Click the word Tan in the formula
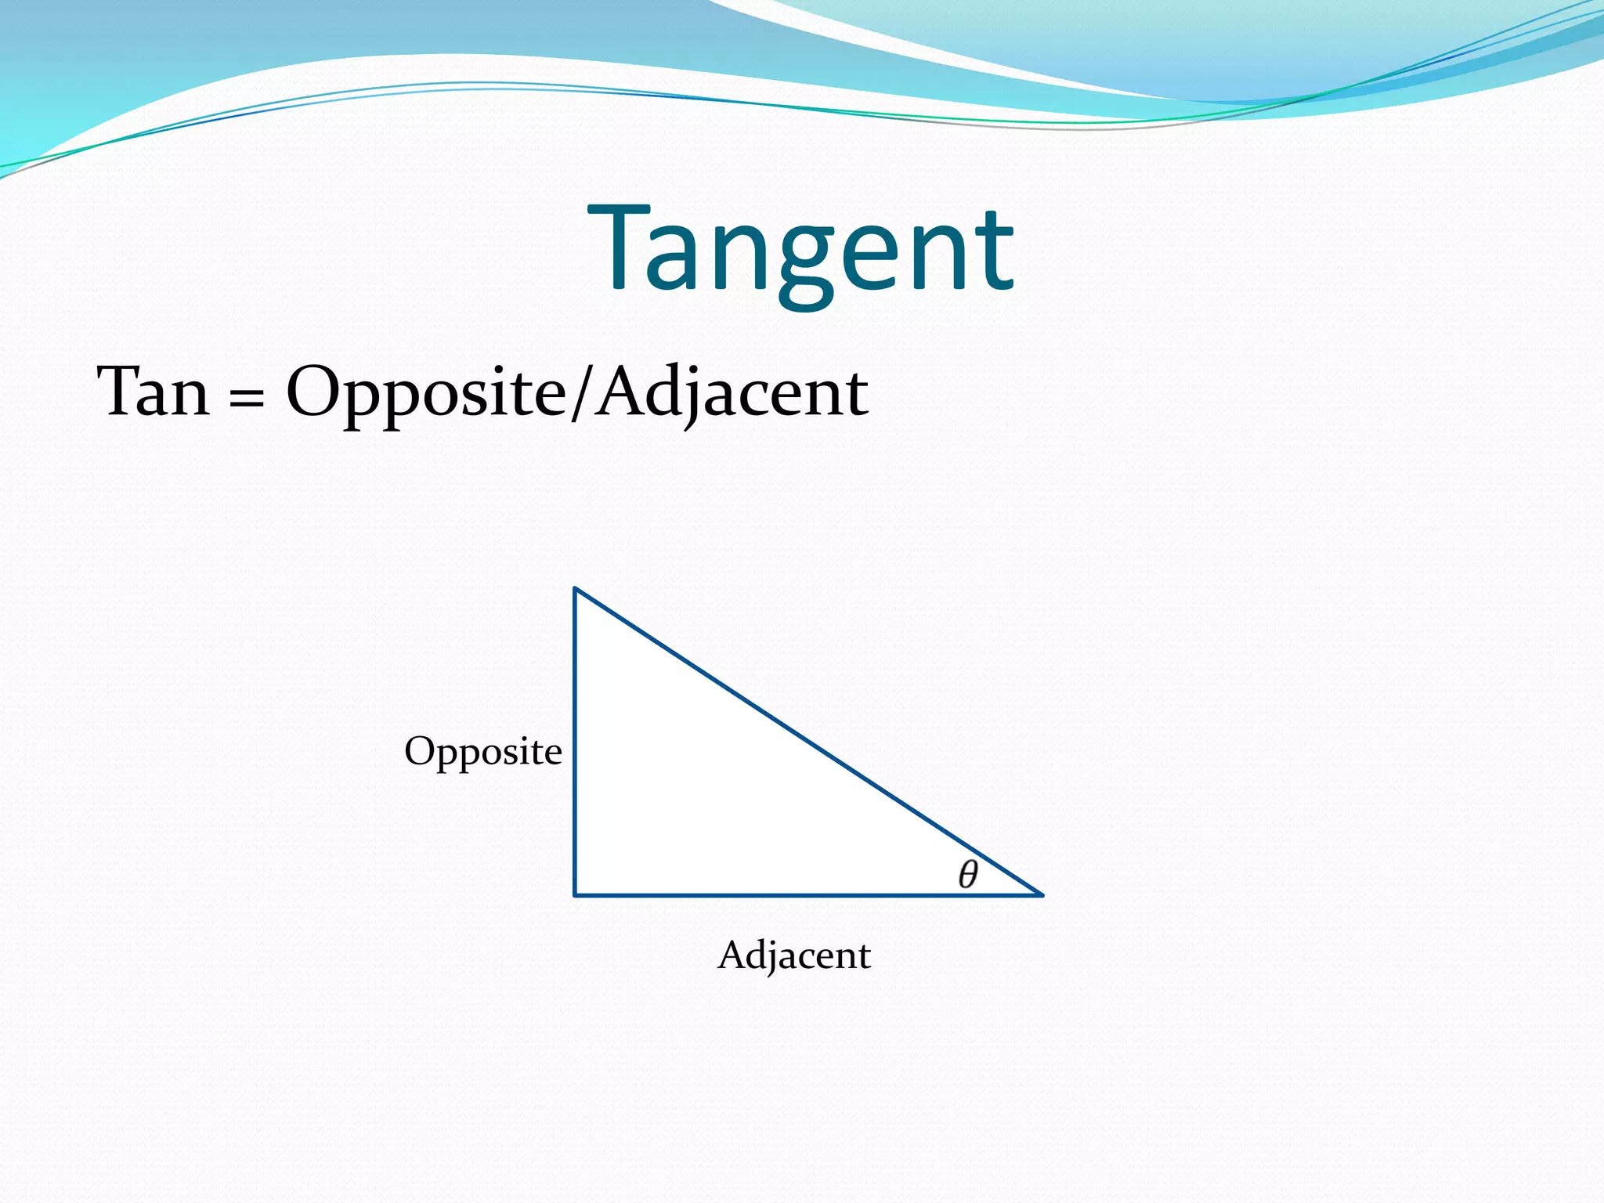pyautogui.click(x=154, y=391)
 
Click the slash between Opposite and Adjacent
pyautogui.click(x=580, y=393)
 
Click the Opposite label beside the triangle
pyautogui.click(x=482, y=751)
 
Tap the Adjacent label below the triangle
pyautogui.click(x=793, y=955)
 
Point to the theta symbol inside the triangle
pyautogui.click(x=968, y=874)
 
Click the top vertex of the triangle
pyautogui.click(x=576, y=588)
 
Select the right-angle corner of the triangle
pyautogui.click(x=576, y=894)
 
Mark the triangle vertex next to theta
pyautogui.click(x=1041, y=894)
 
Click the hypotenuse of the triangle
pyautogui.click(x=807, y=740)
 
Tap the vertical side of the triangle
pyautogui.click(x=576, y=744)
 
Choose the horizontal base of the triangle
pyautogui.click(x=807, y=894)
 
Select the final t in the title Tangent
pyautogui.click(x=995, y=251)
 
